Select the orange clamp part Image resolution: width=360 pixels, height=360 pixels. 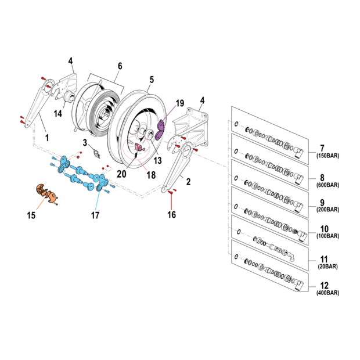[x=44, y=192]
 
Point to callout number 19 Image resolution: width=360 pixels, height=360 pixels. [x=179, y=103]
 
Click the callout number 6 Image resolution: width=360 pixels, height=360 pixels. [x=120, y=66]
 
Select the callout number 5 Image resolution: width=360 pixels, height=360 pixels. [x=152, y=80]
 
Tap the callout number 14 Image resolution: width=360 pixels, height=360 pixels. [x=59, y=113]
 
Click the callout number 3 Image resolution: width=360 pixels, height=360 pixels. [x=85, y=142]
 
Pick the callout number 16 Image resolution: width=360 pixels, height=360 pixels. [x=171, y=215]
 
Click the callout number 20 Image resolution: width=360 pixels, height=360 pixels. [x=121, y=173]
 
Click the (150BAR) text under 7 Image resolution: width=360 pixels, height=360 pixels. [x=327, y=156]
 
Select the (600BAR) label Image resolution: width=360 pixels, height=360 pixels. [x=327, y=185]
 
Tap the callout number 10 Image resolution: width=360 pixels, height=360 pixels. [x=325, y=229]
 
